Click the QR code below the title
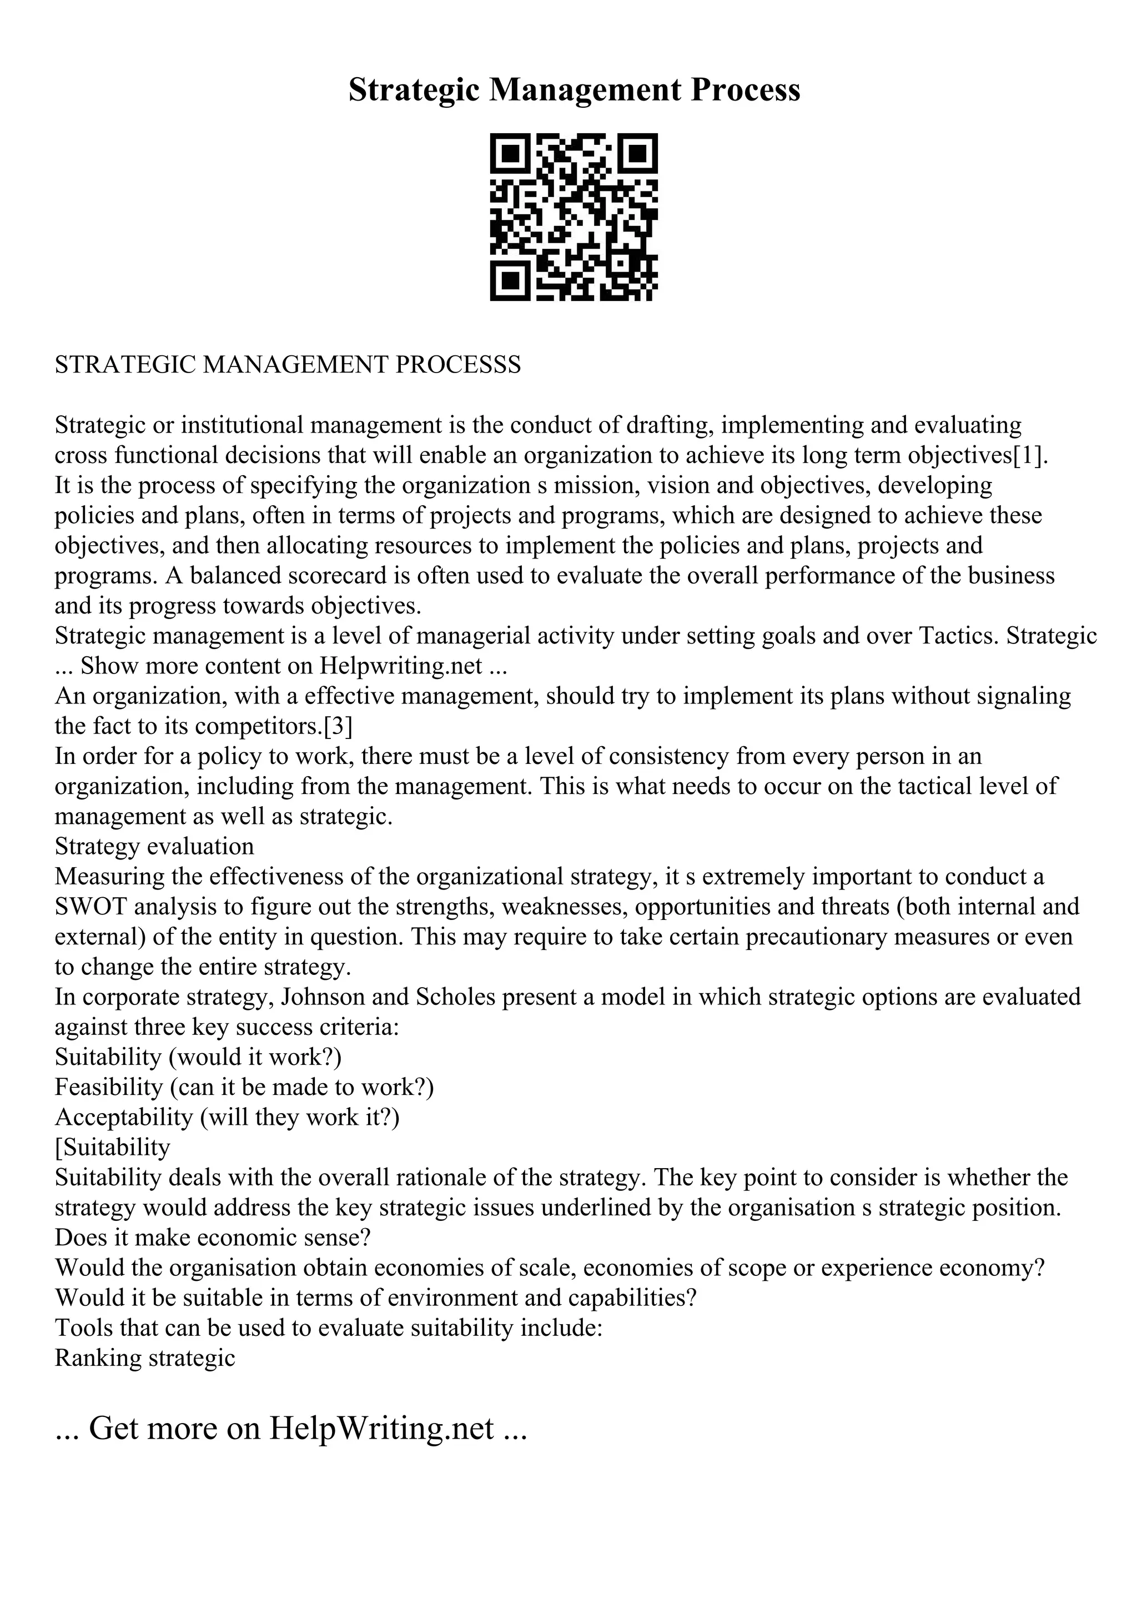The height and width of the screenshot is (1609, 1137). pyautogui.click(x=573, y=217)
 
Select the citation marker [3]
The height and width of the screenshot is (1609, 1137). pyautogui.click(x=338, y=726)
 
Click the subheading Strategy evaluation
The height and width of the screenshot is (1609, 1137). pyautogui.click(x=154, y=847)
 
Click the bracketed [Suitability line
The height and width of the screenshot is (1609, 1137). pyautogui.click(x=112, y=1148)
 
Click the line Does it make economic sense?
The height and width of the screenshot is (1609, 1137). pyautogui.click(x=212, y=1238)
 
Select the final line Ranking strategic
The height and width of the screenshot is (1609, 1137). pyautogui.click(x=144, y=1359)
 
